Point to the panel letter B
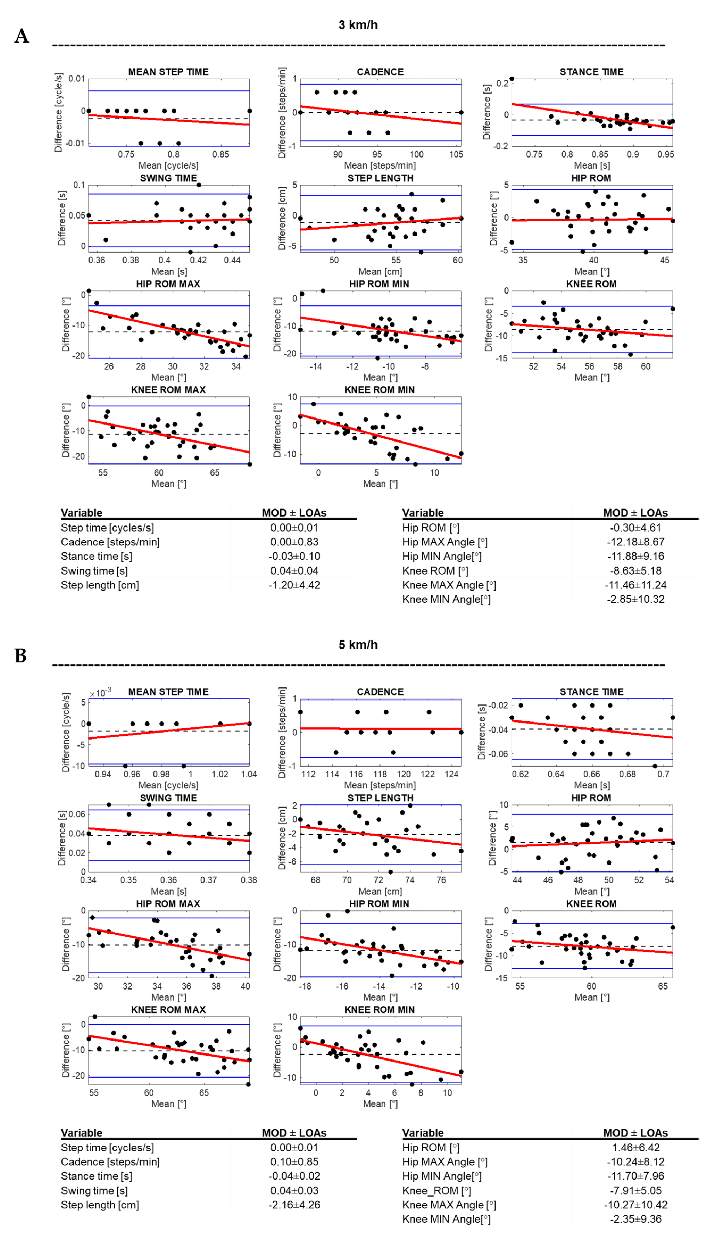pyautogui.click(x=21, y=656)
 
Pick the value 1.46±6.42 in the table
pyautogui.click(x=635, y=1148)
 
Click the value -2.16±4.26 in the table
pyautogui.click(x=294, y=1205)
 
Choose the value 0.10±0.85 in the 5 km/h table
pyautogui.click(x=294, y=1162)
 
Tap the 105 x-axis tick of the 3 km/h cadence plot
pyautogui.click(x=456, y=155)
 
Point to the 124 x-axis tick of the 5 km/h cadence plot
pyautogui.click(x=451, y=774)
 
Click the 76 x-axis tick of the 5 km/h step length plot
pyautogui.click(x=441, y=880)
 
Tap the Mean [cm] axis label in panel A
pyautogui.click(x=380, y=271)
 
